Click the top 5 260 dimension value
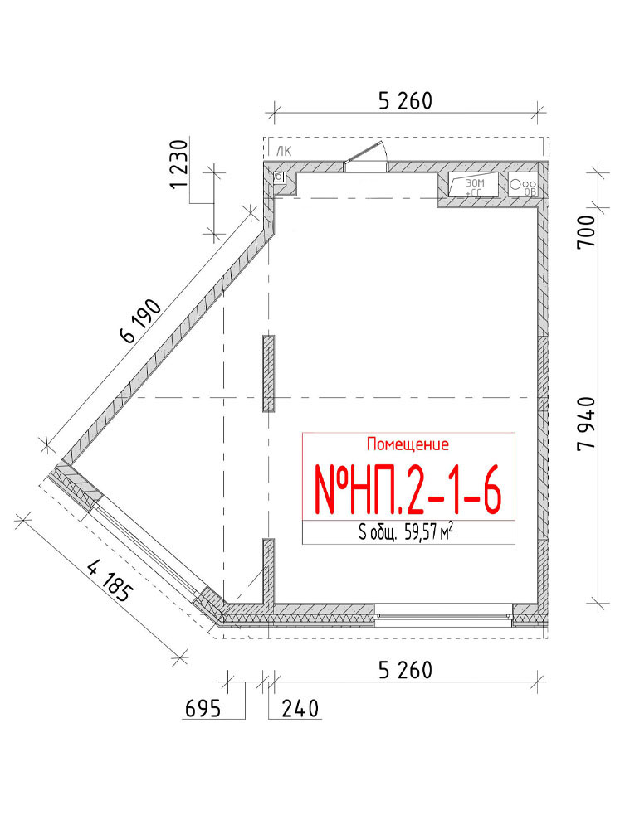pyautogui.click(x=405, y=101)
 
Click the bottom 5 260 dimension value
pyautogui.click(x=405, y=670)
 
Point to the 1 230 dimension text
pyautogui.click(x=179, y=165)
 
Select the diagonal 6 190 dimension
pyautogui.click(x=140, y=321)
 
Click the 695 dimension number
pyautogui.click(x=203, y=708)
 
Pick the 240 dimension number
pyautogui.click(x=300, y=708)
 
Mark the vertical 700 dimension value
pyautogui.click(x=586, y=232)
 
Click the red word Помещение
pyautogui.click(x=408, y=444)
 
